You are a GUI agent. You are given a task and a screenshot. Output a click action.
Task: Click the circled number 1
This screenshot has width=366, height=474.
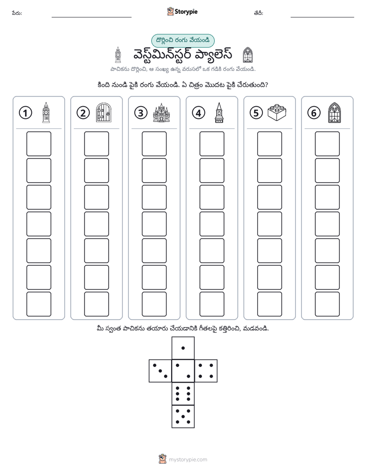pyautogui.click(x=25, y=113)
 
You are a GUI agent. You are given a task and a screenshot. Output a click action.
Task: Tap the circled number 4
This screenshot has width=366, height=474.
pyautogui.click(x=198, y=113)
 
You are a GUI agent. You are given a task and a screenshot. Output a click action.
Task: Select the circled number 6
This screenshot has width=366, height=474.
pyautogui.click(x=314, y=113)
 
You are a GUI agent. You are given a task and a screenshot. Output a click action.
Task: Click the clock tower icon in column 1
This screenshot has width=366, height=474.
pyautogui.click(x=46, y=112)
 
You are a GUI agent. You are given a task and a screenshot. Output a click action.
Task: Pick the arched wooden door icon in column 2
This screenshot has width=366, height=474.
pyautogui.click(x=104, y=112)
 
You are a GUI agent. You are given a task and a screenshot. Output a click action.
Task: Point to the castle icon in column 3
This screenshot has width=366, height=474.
pyautogui.click(x=161, y=112)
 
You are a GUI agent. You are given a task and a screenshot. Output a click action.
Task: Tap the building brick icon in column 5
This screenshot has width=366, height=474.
pyautogui.click(x=277, y=112)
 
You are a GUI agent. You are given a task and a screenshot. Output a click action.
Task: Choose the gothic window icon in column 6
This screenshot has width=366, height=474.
pyautogui.click(x=335, y=112)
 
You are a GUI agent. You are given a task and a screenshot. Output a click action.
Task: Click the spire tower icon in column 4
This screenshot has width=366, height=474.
pyautogui.click(x=219, y=112)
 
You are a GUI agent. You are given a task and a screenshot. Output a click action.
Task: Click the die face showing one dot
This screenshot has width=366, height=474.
pyautogui.click(x=183, y=348)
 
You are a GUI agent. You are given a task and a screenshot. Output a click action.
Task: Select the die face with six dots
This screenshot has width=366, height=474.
pyautogui.click(x=183, y=393)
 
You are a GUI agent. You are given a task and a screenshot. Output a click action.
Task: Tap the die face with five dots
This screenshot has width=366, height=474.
pyautogui.click(x=183, y=417)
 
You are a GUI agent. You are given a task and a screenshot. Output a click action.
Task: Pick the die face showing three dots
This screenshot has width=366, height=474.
pyautogui.click(x=160, y=371)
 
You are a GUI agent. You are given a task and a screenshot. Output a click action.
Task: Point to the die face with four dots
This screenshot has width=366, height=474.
pyautogui.click(x=206, y=371)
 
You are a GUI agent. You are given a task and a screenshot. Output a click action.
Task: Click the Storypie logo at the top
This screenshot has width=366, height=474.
pyautogui.click(x=182, y=12)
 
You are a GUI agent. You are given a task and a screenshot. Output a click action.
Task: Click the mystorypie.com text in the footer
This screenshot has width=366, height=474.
pyautogui.click(x=188, y=460)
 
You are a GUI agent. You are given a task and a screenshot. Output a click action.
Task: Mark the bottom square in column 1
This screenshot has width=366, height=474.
pyautogui.click(x=38, y=304)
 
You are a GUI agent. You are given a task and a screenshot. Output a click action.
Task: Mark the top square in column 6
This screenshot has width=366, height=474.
pyautogui.click(x=328, y=144)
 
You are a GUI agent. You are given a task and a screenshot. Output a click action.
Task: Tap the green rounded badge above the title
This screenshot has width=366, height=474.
pyautogui.click(x=182, y=41)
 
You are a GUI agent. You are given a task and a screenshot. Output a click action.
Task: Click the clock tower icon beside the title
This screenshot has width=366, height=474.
pyautogui.click(x=118, y=55)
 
